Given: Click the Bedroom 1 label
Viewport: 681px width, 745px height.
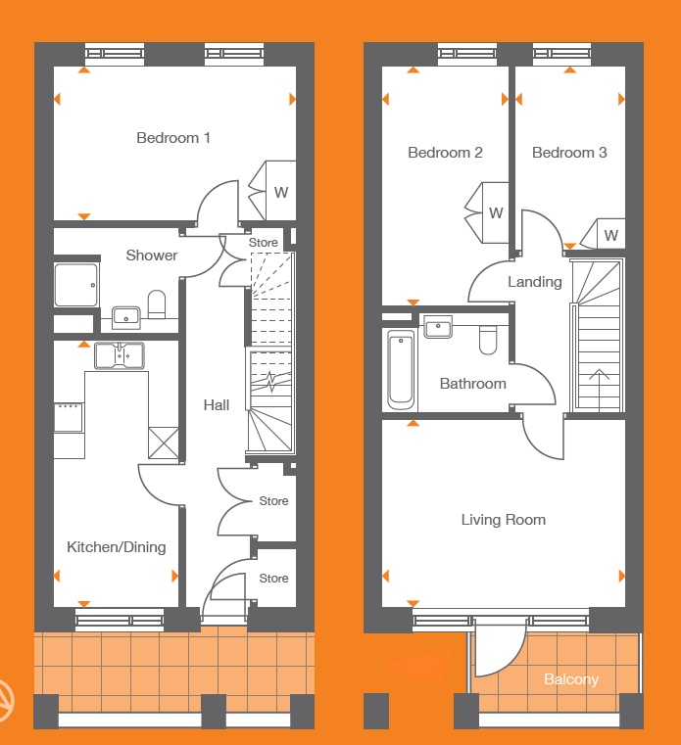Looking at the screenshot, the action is (173, 138).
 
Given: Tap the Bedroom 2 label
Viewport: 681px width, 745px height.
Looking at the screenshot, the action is (445, 153).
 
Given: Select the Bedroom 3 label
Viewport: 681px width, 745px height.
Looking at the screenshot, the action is (569, 153).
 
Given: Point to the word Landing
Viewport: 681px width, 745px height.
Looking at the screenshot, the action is (535, 282).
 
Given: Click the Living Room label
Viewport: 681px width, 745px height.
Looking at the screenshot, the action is (503, 520).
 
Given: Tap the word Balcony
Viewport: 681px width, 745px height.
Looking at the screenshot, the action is (571, 679).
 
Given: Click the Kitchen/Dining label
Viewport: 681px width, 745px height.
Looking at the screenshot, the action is (116, 547).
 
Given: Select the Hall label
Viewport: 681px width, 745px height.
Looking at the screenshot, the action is (217, 405).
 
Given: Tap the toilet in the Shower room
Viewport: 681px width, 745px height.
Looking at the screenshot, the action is (157, 304).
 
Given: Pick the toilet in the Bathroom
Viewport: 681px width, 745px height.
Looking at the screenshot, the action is (488, 340).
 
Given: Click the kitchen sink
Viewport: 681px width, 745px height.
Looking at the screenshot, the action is (120, 356).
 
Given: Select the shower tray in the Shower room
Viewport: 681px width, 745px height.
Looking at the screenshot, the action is (76, 285).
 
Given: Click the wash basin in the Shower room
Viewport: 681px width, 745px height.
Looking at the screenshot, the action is (126, 317).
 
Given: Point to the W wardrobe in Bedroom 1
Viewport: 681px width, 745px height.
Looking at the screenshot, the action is (272, 191).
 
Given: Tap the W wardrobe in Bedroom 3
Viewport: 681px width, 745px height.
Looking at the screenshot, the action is (603, 233).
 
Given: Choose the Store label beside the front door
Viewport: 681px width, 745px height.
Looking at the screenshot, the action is (273, 579).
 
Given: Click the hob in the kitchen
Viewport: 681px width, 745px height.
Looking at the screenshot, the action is (69, 418).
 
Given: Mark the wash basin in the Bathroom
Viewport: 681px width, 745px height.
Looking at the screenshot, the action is (438, 327).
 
